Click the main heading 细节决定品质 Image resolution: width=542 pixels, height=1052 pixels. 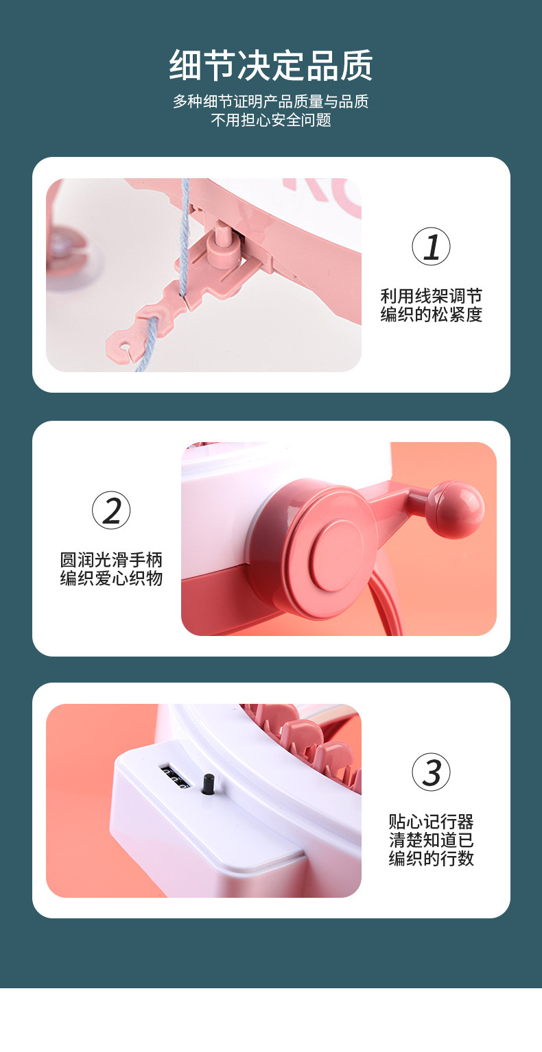tap(271, 65)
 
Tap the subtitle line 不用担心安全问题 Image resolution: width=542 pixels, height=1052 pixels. tap(271, 120)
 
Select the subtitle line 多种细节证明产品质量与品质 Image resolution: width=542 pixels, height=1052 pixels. tap(271, 101)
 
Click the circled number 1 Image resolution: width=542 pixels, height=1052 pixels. tap(431, 247)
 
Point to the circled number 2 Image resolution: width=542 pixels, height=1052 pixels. tap(111, 511)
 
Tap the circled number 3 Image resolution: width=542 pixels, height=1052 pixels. tap(431, 772)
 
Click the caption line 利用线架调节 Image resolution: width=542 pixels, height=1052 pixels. tap(431, 296)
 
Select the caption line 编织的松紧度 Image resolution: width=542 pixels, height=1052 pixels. tap(431, 315)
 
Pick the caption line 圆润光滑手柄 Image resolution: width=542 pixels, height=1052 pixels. tap(111, 560)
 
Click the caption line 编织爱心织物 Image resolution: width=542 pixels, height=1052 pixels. tap(111, 578)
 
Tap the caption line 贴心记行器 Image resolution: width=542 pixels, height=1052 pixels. tap(431, 822)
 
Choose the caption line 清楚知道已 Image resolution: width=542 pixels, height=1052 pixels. tap(431, 840)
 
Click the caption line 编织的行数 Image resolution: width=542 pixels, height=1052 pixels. tap(431, 859)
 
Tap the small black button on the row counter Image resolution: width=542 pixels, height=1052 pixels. tap(207, 784)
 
